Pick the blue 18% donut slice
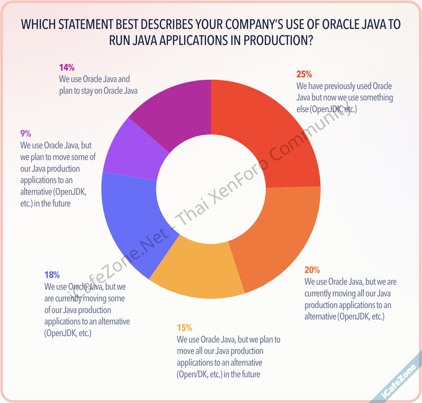[x=132, y=222]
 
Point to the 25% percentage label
[x=304, y=74]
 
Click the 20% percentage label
[x=312, y=270]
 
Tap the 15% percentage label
[x=184, y=328]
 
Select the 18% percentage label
[x=52, y=275]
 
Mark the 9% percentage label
[x=26, y=133]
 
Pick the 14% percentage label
[x=67, y=67]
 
